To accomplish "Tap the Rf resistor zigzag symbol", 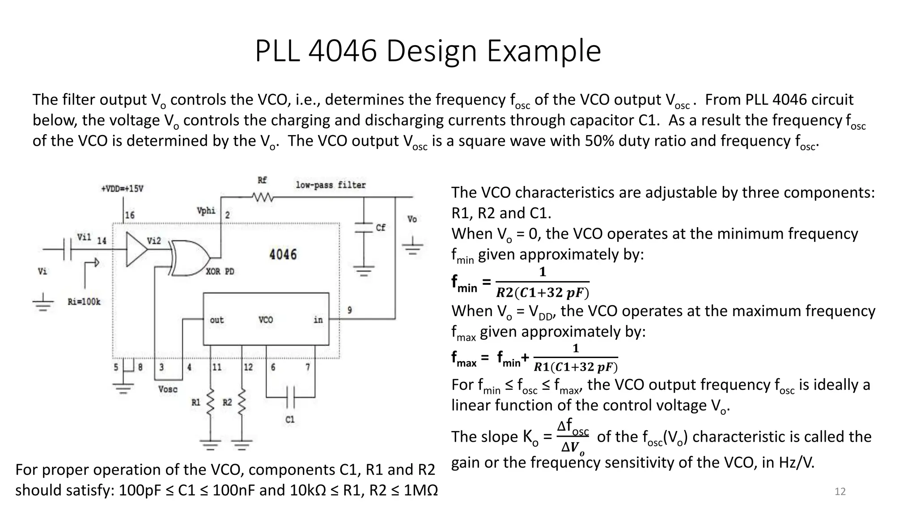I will click(x=263, y=197).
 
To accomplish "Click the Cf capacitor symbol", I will click(x=364, y=228).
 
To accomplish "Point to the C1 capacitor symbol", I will click(x=290, y=397).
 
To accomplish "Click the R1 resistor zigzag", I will click(x=210, y=402).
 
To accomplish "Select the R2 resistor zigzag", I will click(x=242, y=402).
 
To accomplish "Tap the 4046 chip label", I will click(x=283, y=255).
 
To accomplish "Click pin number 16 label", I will click(x=130, y=215).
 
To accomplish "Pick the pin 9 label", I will click(x=349, y=310).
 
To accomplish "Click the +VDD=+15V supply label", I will click(x=122, y=189).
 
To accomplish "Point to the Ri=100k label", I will click(x=84, y=302).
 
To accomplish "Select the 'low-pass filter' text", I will click(x=331, y=185).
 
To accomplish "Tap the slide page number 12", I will click(x=840, y=492).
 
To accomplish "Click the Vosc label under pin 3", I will click(x=168, y=389).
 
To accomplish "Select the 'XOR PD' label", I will click(x=220, y=271).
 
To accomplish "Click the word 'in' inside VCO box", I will click(x=318, y=320).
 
